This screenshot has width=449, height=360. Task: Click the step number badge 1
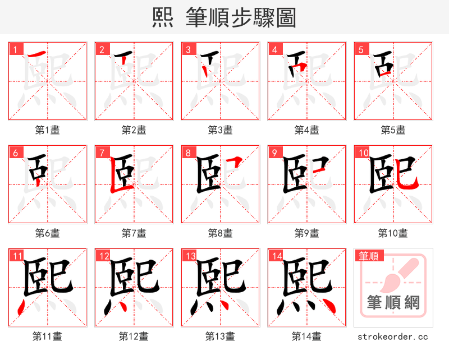click(15, 49)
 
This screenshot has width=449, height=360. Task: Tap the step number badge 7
click(102, 153)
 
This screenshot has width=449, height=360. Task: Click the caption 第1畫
click(48, 130)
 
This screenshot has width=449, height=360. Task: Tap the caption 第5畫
click(393, 130)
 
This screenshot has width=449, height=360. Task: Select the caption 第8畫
click(220, 233)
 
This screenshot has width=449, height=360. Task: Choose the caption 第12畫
click(134, 336)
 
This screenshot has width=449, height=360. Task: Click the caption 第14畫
click(306, 336)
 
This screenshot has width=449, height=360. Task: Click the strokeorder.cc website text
click(393, 337)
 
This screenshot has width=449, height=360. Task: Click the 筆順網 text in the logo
click(393, 303)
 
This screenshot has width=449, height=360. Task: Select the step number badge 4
click(274, 49)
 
